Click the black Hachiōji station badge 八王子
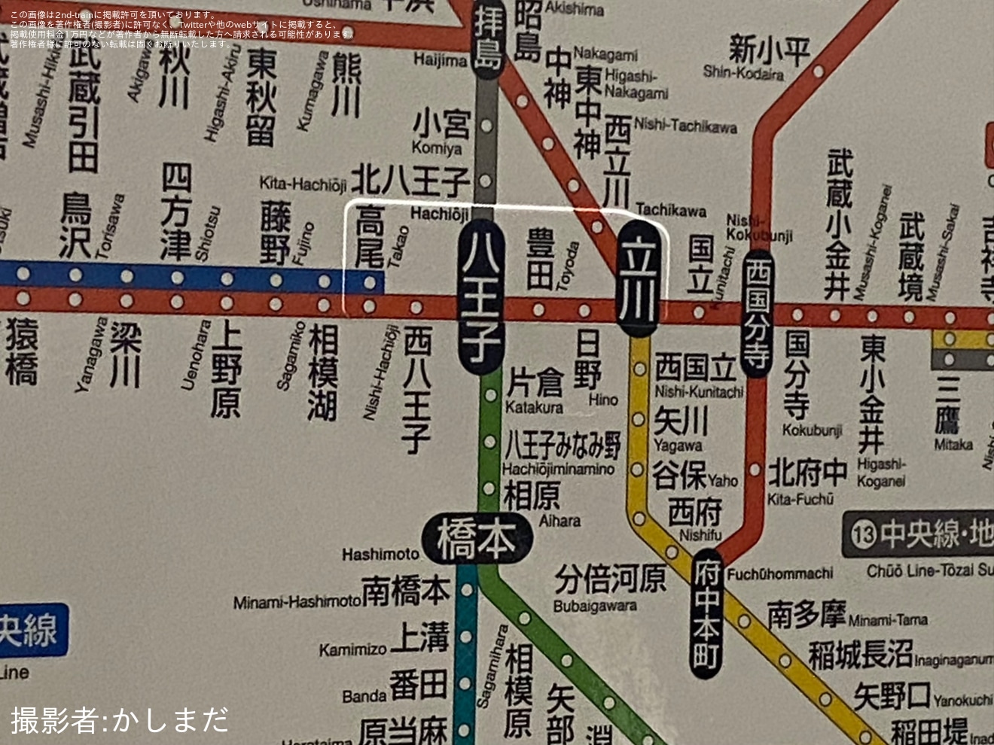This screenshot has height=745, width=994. [x=480, y=300]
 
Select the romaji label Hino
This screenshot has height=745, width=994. [x=602, y=400]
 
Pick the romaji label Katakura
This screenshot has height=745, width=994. [x=534, y=407]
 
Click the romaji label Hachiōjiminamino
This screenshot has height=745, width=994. [x=558, y=469]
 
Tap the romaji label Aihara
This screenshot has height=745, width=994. [x=560, y=520]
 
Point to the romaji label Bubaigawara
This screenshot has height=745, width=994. [x=595, y=606]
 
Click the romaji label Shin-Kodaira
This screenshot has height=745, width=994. [x=743, y=73]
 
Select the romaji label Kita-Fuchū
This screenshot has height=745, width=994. [x=800, y=498]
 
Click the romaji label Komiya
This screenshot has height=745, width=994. [x=436, y=147]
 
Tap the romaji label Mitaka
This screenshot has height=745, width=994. [x=953, y=444]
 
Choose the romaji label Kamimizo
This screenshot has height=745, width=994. [x=352, y=649]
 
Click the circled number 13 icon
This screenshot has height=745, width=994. [x=864, y=534]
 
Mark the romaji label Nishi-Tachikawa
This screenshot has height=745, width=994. [x=685, y=126]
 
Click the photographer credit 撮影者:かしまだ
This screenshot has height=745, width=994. [x=119, y=719]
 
